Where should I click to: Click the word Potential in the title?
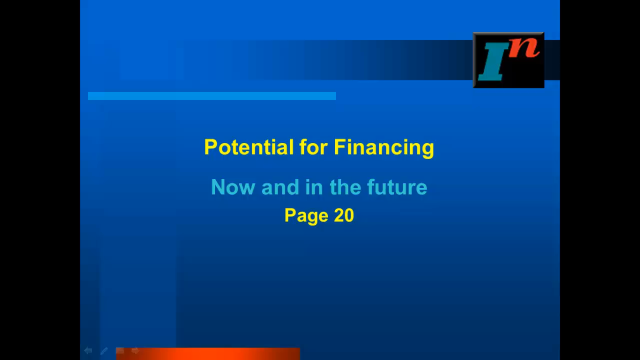[249, 147]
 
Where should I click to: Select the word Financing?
[384, 148]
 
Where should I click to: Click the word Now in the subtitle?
[233, 187]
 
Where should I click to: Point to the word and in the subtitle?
[280, 187]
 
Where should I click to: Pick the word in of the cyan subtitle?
[314, 187]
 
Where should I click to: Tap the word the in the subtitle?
[345, 187]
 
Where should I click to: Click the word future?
[397, 187]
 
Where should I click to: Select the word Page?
[306, 216]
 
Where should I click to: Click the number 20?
[344, 215]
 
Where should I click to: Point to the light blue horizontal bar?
[212, 96]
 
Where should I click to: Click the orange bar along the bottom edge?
[208, 353]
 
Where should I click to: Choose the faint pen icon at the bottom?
[104, 351]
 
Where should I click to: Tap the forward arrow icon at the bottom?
[135, 350]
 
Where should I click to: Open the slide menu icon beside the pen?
[120, 350]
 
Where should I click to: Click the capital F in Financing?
[339, 147]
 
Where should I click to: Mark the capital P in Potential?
[211, 147]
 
